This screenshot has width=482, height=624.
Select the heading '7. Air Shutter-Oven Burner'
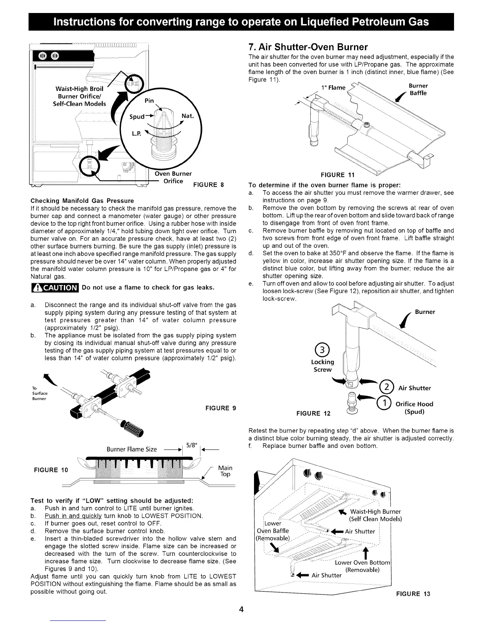point(308,47)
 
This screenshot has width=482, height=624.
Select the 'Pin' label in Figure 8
point(149,100)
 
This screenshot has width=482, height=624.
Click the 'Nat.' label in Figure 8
point(187,116)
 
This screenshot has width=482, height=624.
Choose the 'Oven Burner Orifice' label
point(173,177)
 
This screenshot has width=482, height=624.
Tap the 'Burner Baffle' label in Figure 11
point(418,89)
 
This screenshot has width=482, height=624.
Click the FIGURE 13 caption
point(413,594)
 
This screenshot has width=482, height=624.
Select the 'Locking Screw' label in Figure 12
point(323,366)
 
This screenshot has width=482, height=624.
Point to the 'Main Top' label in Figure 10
point(225,471)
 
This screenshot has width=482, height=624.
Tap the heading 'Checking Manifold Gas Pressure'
point(82,201)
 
